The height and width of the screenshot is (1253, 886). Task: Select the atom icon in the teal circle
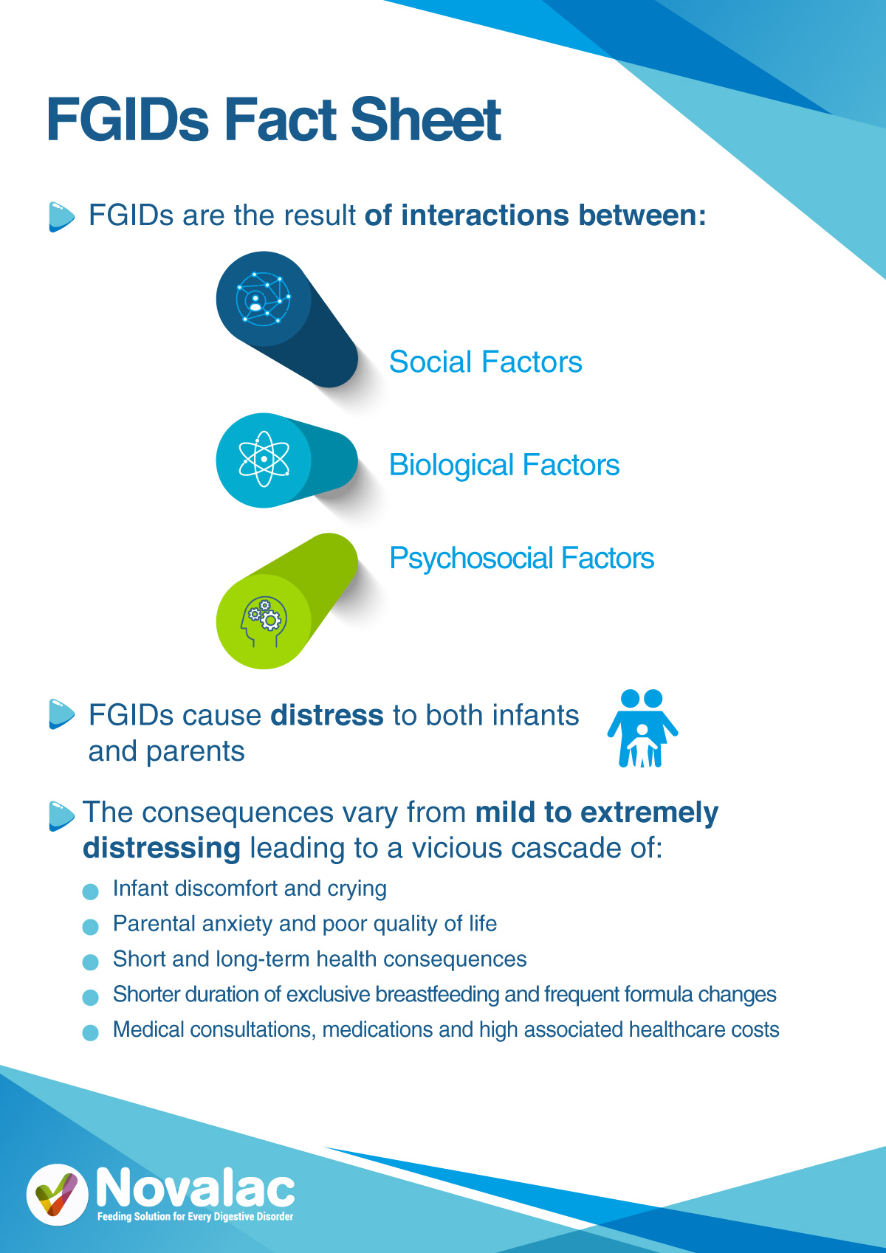tap(264, 459)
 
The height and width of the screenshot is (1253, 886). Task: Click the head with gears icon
tap(264, 621)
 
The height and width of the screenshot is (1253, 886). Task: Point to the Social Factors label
tap(485, 362)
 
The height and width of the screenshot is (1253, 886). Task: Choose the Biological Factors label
tap(504, 466)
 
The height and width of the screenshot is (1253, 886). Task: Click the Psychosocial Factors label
tap(522, 559)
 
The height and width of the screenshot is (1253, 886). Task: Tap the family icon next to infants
tap(642, 728)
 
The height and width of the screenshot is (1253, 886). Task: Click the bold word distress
tap(327, 716)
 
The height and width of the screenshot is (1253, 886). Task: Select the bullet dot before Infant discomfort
tap(91, 891)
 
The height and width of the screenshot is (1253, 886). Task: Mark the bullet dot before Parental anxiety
tap(91, 926)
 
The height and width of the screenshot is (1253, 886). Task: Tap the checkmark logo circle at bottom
tap(58, 1195)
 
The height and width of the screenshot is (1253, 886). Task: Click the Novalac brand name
tap(196, 1187)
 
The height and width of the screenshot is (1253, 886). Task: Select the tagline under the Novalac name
tap(196, 1217)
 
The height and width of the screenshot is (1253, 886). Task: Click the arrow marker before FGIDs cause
tap(61, 714)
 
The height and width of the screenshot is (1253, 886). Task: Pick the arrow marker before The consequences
tap(61, 816)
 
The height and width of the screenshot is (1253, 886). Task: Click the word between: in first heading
tap(642, 215)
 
